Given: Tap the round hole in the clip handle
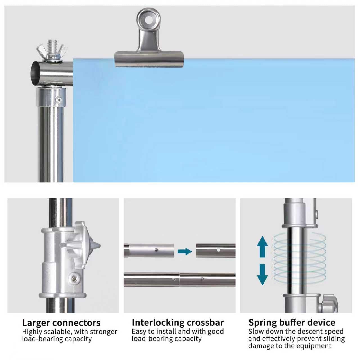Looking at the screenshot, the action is pyautogui.click(x=148, y=20).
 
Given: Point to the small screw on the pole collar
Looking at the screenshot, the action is pyautogui.click(x=59, y=100).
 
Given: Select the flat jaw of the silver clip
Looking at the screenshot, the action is pyautogui.click(x=149, y=59).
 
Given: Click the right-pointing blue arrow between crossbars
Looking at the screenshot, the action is pyautogui.click(x=184, y=251).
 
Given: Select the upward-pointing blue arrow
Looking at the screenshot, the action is pyautogui.click(x=262, y=247).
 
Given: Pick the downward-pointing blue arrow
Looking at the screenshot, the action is pyautogui.click(x=262, y=274).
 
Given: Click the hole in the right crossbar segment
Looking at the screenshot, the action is pyautogui.click(x=219, y=250).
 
